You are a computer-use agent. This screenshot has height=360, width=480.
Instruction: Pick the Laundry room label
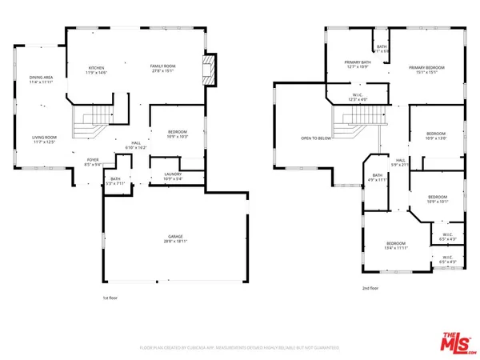173,176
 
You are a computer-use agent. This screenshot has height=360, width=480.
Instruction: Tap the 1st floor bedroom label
178,134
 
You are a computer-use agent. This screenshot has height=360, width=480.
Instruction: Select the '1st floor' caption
111,298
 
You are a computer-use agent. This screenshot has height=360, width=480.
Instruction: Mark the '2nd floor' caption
370,287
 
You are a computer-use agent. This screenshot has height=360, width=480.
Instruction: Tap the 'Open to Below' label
316,138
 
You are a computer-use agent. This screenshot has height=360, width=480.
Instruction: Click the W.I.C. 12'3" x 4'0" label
359,98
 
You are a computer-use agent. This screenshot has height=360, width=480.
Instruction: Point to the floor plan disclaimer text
239,348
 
